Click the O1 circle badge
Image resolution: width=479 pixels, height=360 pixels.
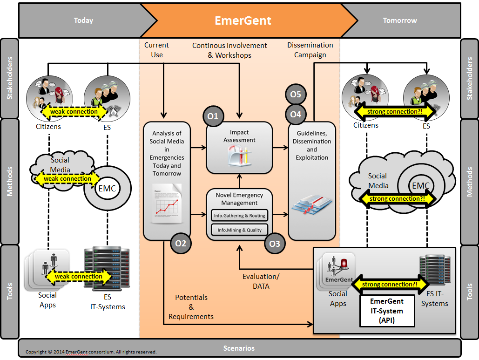[x=213, y=116]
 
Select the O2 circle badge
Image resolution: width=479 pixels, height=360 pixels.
[x=181, y=243]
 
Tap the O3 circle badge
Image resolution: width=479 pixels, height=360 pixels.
[x=275, y=244]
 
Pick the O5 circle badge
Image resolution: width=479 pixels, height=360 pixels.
[x=296, y=94]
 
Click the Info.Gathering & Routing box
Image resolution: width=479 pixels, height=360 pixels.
[x=239, y=216]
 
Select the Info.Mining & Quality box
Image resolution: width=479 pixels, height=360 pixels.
[x=239, y=230]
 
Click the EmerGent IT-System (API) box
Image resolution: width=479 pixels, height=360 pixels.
[x=387, y=311]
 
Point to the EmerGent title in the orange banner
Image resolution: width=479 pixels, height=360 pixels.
[x=243, y=20]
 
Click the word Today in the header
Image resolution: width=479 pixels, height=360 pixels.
[x=83, y=20]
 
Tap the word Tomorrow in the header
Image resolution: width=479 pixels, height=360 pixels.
[x=400, y=20]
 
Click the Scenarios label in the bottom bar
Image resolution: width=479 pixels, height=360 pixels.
[x=239, y=348]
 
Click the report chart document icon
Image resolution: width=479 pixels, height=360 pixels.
[x=167, y=203]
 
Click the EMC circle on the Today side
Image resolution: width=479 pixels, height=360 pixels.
[x=107, y=188]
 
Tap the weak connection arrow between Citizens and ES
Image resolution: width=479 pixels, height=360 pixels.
[x=74, y=112]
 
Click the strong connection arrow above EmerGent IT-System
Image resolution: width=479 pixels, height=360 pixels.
[x=390, y=284]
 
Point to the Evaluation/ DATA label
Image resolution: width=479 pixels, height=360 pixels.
[x=261, y=281]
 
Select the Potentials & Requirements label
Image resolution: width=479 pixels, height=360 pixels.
[x=191, y=307]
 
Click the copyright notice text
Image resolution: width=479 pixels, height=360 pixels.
[x=91, y=352]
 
